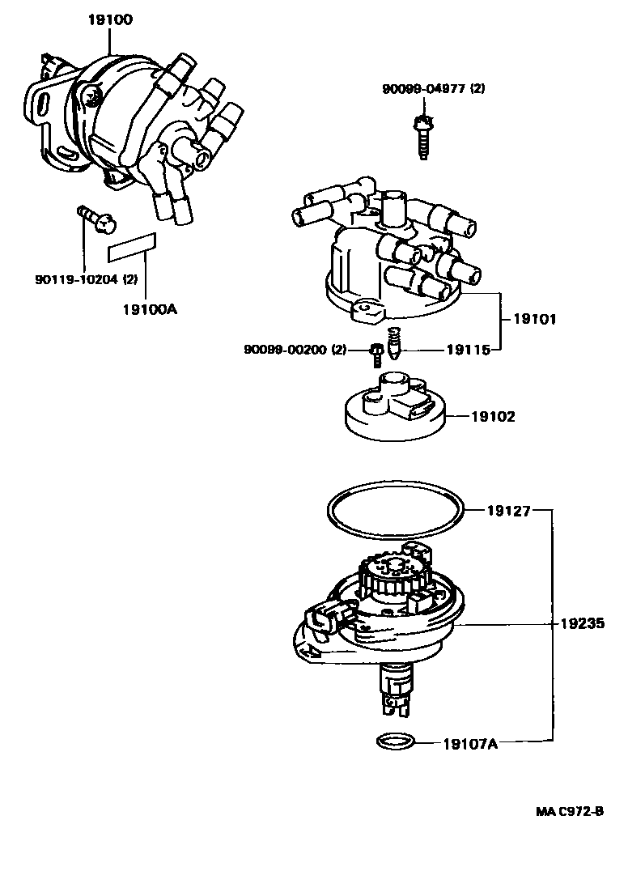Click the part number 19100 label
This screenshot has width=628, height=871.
tap(111, 18)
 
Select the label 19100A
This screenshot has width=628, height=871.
tap(150, 308)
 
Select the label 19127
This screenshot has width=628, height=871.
tap(508, 511)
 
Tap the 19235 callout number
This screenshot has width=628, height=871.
tap(583, 624)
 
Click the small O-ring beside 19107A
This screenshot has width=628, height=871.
tap(394, 741)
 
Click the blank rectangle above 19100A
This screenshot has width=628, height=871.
tap(132, 244)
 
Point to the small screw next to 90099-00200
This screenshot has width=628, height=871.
tap(376, 351)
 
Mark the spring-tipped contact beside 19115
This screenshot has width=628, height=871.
tap(394, 344)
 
